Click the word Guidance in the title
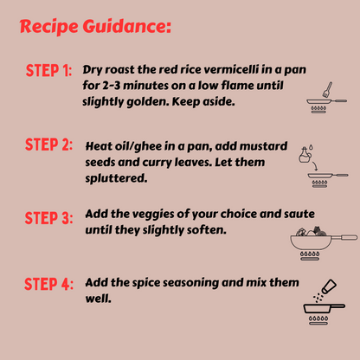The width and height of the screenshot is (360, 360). click(x=127, y=27)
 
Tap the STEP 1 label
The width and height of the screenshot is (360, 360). click(x=48, y=70)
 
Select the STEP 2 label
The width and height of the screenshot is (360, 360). click(x=48, y=145)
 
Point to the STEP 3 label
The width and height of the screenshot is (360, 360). click(x=48, y=218)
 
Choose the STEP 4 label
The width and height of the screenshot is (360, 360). click(x=48, y=284)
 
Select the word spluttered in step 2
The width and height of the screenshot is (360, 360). click(x=116, y=178)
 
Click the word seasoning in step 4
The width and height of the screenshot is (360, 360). click(x=190, y=283)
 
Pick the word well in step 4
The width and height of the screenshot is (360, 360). click(x=98, y=299)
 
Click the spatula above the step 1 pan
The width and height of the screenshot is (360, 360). click(x=327, y=90)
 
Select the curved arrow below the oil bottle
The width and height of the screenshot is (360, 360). click(x=315, y=165)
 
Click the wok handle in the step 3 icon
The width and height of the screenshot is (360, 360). click(x=344, y=238)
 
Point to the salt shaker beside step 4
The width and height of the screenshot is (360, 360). click(x=329, y=286)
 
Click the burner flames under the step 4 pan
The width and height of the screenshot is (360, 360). click(x=318, y=318)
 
